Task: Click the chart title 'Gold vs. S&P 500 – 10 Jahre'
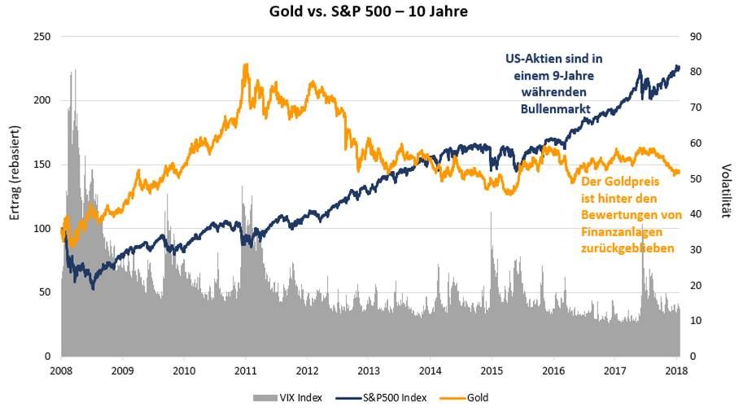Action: (x=369, y=13)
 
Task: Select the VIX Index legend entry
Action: (x=286, y=397)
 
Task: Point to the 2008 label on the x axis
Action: (x=61, y=371)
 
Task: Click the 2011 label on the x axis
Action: (x=245, y=371)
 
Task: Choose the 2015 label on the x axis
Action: (x=491, y=371)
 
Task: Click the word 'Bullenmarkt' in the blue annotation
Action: (x=550, y=107)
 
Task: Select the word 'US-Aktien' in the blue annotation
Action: (x=531, y=59)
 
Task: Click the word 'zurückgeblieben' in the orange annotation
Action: (x=627, y=248)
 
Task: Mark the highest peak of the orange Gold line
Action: (x=246, y=64)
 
